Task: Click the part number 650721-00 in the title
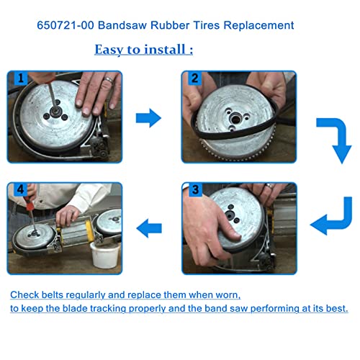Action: tap(65, 25)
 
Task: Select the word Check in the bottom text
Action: tap(24, 295)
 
